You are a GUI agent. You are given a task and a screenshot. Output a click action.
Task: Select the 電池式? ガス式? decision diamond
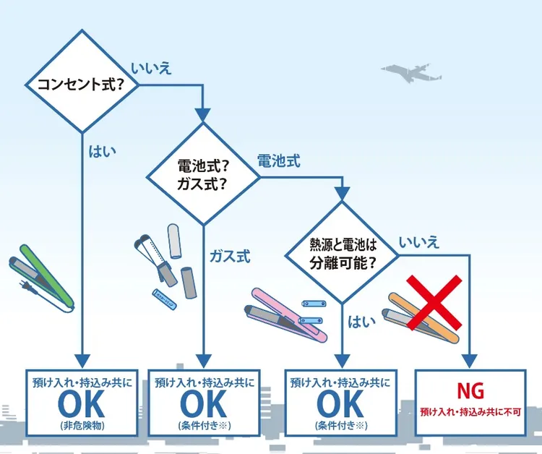click(x=203, y=174)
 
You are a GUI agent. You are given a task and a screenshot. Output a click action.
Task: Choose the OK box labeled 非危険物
click(x=82, y=402)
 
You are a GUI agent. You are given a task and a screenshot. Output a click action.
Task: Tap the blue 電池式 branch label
click(x=278, y=160)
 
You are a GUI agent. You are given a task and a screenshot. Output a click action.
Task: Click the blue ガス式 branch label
click(x=230, y=255)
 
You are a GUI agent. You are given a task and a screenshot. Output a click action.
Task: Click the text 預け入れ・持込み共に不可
click(x=470, y=416)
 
